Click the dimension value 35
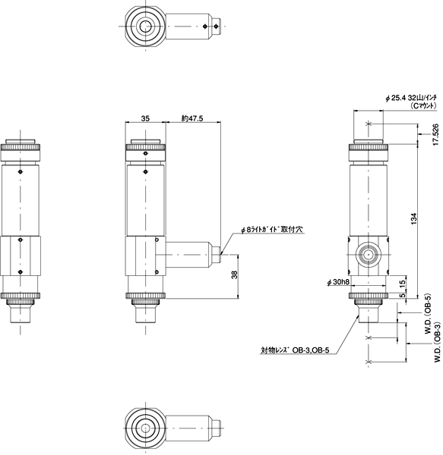pyautogui.click(x=145, y=118)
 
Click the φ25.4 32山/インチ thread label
pyautogui.click(x=414, y=99)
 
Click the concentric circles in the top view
pyautogui.click(x=144, y=27)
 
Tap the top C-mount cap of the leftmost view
pyautogui.click(x=21, y=144)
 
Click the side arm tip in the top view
pyautogui.click(x=217, y=27)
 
